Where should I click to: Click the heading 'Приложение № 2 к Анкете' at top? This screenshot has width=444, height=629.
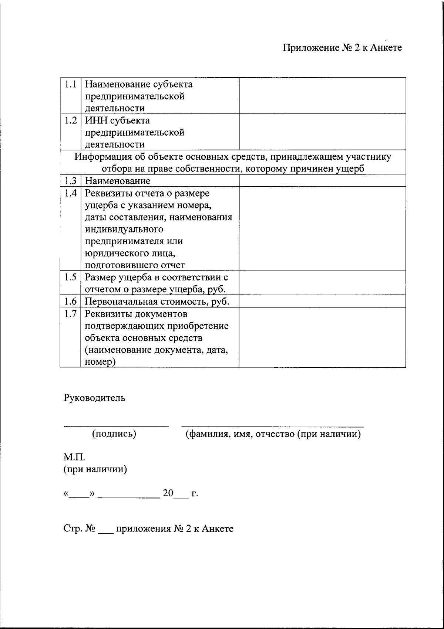(342, 48)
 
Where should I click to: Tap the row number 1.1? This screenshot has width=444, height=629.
(70, 84)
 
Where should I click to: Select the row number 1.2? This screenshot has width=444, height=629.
(70, 120)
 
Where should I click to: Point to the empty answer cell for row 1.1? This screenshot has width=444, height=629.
(322, 96)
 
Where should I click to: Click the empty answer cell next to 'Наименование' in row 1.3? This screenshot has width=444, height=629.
(322, 181)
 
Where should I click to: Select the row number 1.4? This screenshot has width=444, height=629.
(70, 193)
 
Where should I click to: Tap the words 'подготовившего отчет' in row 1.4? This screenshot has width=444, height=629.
(135, 265)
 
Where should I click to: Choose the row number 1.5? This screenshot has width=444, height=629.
(70, 277)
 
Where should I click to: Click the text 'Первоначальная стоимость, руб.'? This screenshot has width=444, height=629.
(157, 302)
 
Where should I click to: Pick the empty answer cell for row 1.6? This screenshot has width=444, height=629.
(322, 302)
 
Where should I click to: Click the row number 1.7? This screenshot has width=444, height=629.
(70, 314)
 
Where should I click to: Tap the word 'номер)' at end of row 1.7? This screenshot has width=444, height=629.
(100, 362)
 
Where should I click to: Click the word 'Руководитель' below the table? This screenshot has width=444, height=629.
(94, 398)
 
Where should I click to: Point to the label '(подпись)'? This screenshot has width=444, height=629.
(114, 433)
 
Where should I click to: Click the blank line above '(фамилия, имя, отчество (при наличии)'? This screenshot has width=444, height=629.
(272, 426)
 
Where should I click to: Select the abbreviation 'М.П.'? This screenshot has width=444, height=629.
(74, 458)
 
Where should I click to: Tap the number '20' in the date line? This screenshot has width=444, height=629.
(168, 493)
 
